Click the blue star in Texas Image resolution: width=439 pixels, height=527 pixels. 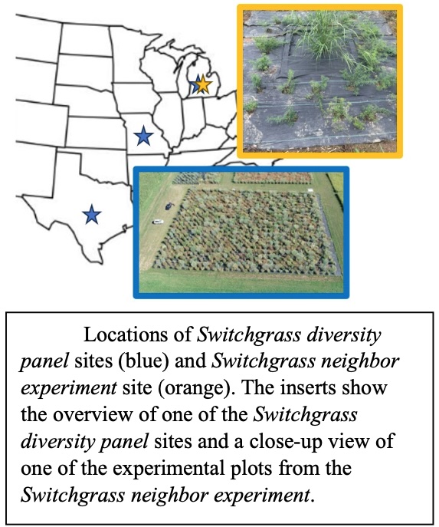tap(92, 215)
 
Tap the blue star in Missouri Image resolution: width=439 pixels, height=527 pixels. tap(143, 137)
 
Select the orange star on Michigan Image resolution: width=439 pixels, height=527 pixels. tap(203, 84)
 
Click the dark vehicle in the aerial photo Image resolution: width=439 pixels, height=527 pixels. tap(169, 205)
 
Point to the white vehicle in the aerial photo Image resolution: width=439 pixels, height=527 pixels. tap(158, 222)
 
